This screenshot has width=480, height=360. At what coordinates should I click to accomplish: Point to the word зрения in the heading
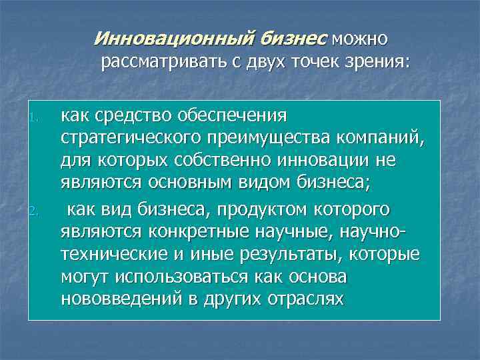click(376, 62)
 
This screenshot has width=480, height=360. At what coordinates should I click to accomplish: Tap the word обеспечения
click(231, 116)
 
